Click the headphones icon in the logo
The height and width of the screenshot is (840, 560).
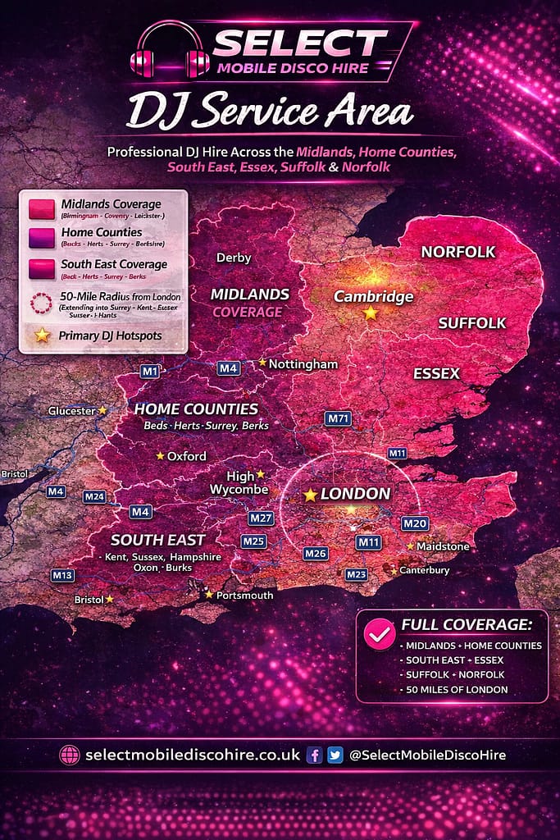click(x=171, y=52)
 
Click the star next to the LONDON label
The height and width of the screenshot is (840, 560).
click(x=310, y=495)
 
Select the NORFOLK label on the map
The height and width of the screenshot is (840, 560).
click(x=458, y=252)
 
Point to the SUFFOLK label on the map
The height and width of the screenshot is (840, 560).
click(x=472, y=323)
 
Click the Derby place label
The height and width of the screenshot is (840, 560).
click(x=234, y=258)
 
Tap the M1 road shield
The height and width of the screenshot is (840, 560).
click(x=149, y=371)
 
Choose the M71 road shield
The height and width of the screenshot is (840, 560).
click(x=338, y=418)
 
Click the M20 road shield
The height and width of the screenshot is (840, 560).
click(x=415, y=523)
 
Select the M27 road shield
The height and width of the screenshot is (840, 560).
click(x=261, y=518)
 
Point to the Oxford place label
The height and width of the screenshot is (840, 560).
click(x=187, y=456)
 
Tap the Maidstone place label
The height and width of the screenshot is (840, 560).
click(x=443, y=546)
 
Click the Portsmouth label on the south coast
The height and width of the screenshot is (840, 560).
click(x=245, y=595)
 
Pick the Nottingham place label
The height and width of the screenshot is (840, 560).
click(x=303, y=363)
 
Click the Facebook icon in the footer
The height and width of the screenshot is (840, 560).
click(x=314, y=756)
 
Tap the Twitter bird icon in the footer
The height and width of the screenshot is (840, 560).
click(x=335, y=756)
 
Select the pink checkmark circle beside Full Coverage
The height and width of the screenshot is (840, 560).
click(x=379, y=633)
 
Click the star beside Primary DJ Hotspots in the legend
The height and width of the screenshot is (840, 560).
click(x=42, y=336)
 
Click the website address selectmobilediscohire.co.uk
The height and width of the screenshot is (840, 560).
click(x=193, y=756)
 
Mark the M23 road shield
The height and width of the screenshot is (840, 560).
click(x=356, y=575)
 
